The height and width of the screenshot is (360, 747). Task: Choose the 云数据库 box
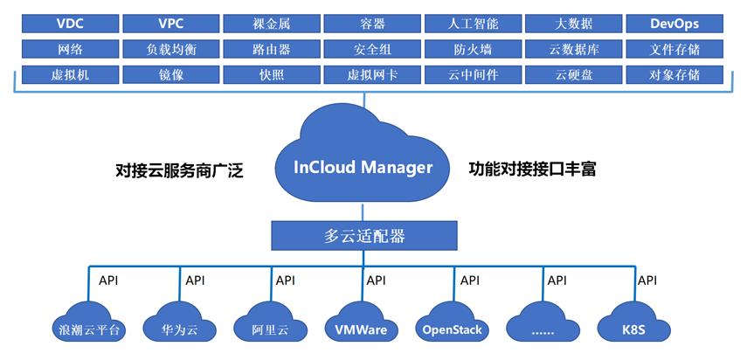coord(574,49)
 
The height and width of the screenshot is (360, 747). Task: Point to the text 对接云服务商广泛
coord(179,170)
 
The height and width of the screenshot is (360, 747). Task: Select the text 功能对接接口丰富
coord(532,168)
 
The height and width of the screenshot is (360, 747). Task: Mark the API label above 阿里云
coord(285,280)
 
